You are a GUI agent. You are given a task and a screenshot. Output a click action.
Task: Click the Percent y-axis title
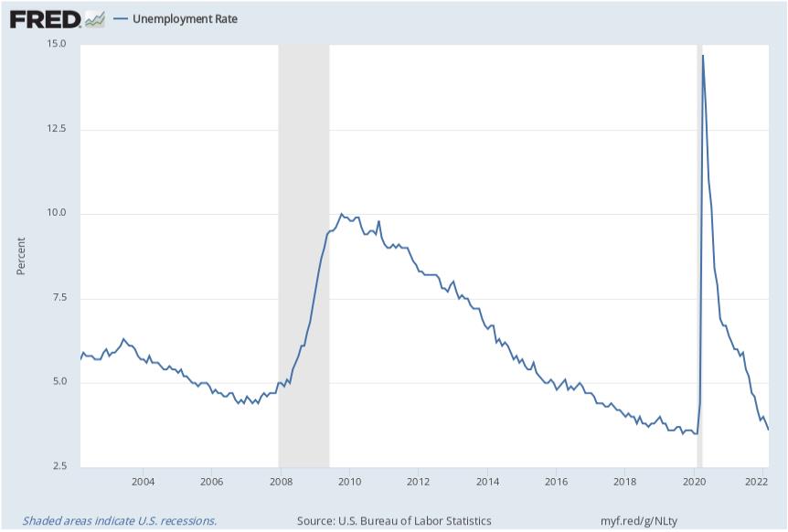[21, 256]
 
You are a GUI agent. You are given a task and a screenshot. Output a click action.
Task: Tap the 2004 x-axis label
[143, 482]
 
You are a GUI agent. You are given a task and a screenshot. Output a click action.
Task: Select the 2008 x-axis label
[281, 482]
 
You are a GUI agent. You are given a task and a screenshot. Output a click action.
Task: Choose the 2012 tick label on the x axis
[419, 482]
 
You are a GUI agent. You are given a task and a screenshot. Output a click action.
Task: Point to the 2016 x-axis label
[556, 482]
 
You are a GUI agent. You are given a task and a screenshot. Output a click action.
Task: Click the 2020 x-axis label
[694, 482]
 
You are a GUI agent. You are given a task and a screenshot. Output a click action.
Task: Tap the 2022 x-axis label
[757, 482]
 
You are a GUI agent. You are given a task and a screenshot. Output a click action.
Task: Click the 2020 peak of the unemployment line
[702, 56]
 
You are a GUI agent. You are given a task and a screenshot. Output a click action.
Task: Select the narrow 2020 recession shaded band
[699, 274]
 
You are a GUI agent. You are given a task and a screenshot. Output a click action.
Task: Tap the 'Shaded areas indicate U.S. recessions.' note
[120, 520]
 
